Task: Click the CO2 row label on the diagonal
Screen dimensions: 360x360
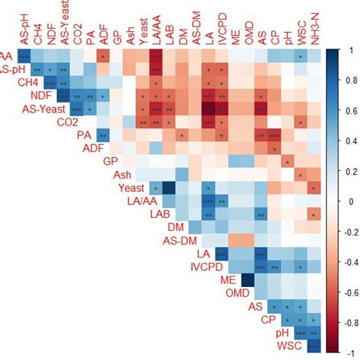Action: pos(67,122)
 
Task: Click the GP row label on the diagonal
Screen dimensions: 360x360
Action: pos(111,161)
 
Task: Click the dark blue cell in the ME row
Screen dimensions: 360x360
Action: pos(247,280)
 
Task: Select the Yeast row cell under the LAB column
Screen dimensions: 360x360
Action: pos(169,188)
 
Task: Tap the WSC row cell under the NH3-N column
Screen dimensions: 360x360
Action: pos(312,346)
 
